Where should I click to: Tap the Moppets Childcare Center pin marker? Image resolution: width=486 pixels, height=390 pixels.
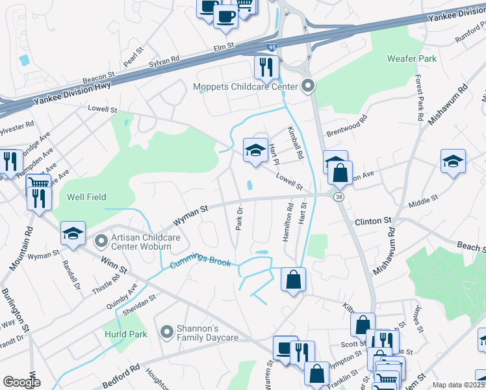coord(308,86)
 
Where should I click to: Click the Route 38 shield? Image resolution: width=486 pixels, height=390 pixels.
coord(339,196)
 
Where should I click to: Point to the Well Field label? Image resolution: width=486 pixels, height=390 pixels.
coord(86,197)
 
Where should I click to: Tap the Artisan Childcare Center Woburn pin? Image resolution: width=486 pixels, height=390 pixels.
coord(101,242)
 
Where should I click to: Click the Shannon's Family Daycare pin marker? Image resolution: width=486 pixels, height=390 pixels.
coord(167,332)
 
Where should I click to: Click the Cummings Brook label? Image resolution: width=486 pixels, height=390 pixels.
coord(201,261)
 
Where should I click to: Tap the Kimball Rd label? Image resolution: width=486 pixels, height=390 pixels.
coord(295,144)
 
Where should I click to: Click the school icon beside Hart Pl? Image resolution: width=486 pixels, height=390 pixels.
coord(255,150)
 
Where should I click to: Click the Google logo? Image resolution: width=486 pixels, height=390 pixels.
coord(22,382)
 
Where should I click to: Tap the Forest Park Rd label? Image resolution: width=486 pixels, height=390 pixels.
coord(420,103)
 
